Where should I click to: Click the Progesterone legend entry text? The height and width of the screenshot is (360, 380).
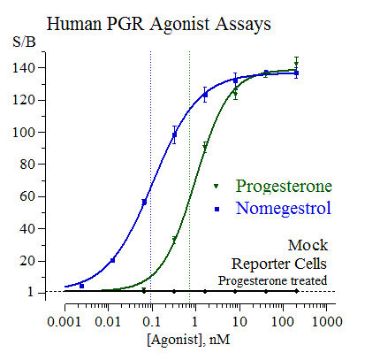pyautogui.click(x=284, y=186)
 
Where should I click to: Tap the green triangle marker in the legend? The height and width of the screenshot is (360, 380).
pyautogui.click(x=216, y=187)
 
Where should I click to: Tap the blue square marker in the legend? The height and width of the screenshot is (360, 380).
pyautogui.click(x=216, y=210)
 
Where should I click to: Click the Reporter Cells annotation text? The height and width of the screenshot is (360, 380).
pyautogui.click(x=279, y=263)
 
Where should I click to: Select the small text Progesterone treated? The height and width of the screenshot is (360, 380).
pyautogui.click(x=273, y=280)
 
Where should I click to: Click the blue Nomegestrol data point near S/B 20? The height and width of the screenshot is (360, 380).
pyautogui.click(x=112, y=260)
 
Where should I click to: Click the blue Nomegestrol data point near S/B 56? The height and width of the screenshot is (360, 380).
pyautogui.click(x=144, y=202)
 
